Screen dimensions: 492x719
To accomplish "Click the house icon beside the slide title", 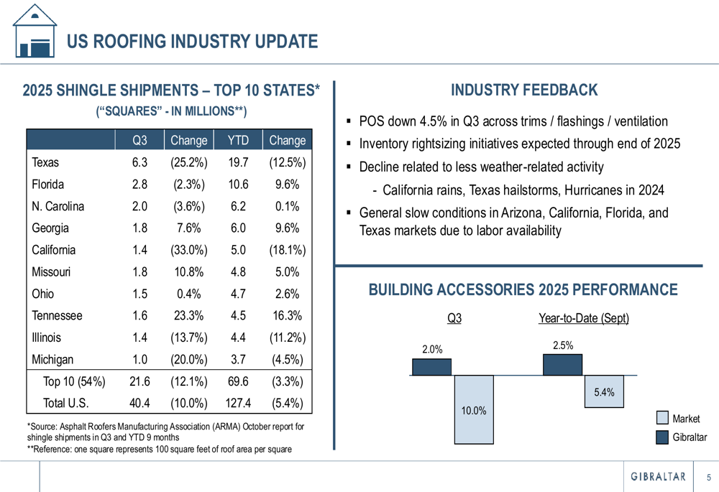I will click(x=35, y=30).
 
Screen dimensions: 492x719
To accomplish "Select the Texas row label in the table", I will click(x=45, y=163).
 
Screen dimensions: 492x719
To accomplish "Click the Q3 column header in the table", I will click(x=139, y=141).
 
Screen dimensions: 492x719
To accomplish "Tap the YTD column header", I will click(x=238, y=141).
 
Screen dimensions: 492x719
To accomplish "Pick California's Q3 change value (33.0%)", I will click(x=189, y=251).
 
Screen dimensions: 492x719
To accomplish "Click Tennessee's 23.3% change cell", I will click(x=189, y=316).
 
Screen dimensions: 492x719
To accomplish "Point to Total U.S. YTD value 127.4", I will click(x=238, y=403).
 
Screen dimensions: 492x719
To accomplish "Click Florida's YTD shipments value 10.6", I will click(x=238, y=185).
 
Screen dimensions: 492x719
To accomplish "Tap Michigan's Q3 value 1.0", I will click(x=139, y=360).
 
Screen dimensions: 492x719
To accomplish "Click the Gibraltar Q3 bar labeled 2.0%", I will click(x=431, y=366).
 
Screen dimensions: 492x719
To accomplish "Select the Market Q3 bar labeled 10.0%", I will click(x=474, y=409).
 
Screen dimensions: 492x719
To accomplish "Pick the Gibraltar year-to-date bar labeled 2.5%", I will click(x=563, y=364).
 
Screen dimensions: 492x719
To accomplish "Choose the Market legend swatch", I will click(x=662, y=419).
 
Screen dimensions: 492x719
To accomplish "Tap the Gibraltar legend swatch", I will click(x=662, y=437).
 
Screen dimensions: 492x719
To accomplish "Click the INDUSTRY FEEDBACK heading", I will click(x=523, y=90).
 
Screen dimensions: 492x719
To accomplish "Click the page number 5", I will click(x=708, y=477).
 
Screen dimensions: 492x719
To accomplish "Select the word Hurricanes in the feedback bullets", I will click(x=594, y=191).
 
